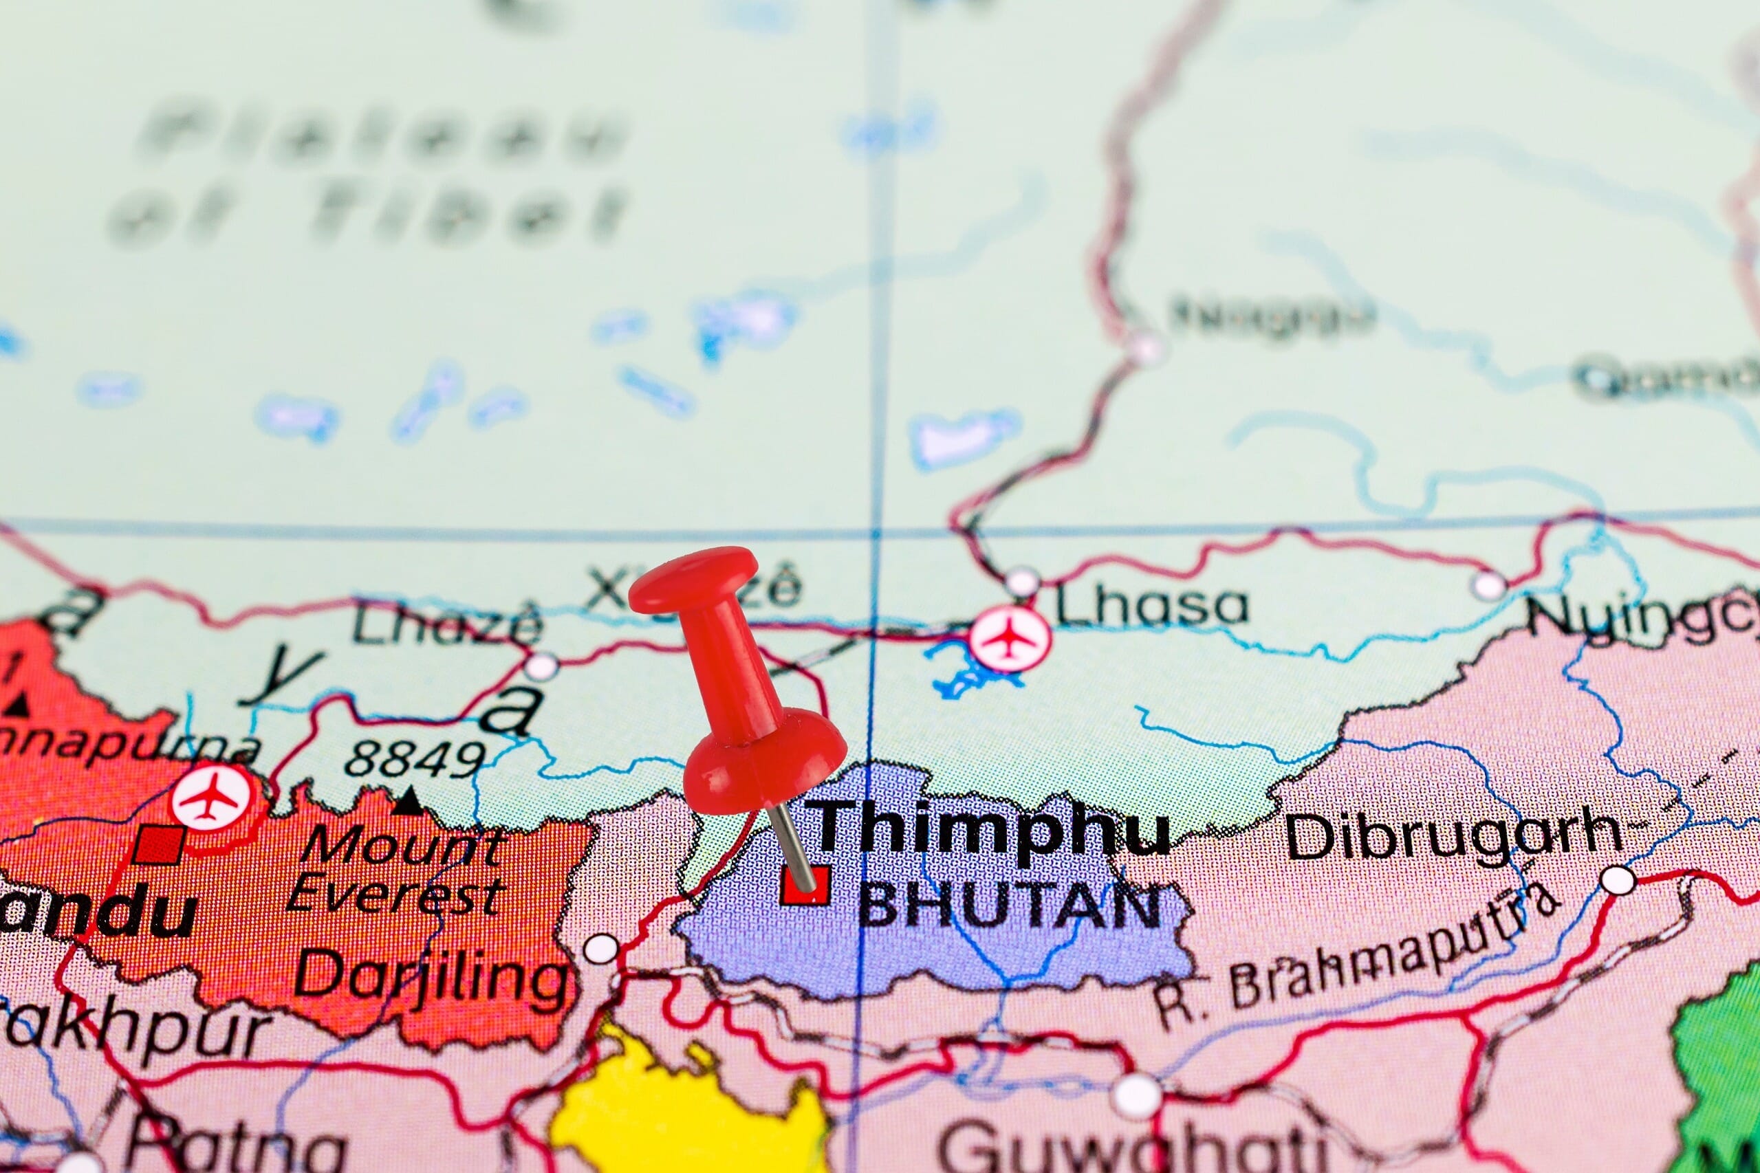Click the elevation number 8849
tap(415, 759)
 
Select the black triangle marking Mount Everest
tap(409, 802)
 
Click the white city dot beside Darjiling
tap(601, 949)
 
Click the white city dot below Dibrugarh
tap(1618, 881)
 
